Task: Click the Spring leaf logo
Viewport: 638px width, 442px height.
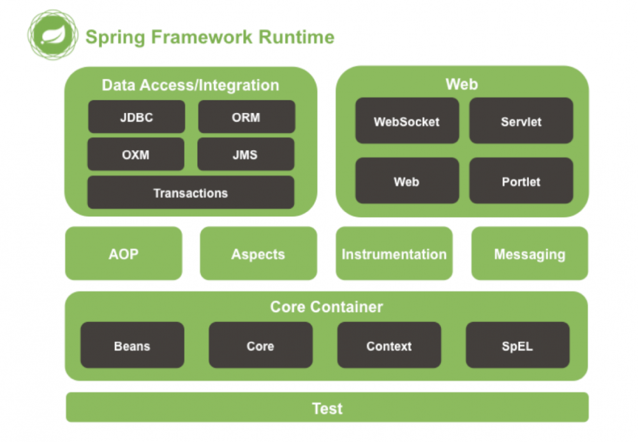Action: pyautogui.click(x=52, y=34)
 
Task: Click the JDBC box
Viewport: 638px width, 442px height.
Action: pyautogui.click(x=136, y=117)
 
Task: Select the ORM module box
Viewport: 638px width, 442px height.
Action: pyautogui.click(x=246, y=117)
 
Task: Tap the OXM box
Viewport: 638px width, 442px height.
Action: pyautogui.click(x=135, y=155)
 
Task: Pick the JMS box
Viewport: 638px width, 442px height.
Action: pyautogui.click(x=246, y=155)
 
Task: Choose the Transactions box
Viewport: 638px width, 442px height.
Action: pyautogui.click(x=190, y=192)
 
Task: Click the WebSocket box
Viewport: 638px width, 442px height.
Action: pyautogui.click(x=406, y=121)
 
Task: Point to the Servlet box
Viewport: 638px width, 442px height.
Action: pyautogui.click(x=521, y=121)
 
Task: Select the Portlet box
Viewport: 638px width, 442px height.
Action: pyautogui.click(x=521, y=181)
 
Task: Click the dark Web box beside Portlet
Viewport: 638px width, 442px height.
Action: pyautogui.click(x=406, y=181)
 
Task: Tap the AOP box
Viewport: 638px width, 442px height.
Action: pyautogui.click(x=123, y=254)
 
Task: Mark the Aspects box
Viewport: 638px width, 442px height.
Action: pyautogui.click(x=258, y=254)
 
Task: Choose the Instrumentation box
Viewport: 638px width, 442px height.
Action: pyautogui.click(x=394, y=254)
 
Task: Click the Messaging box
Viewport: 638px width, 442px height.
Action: pyautogui.click(x=530, y=254)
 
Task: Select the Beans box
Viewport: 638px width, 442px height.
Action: pyautogui.click(x=132, y=346)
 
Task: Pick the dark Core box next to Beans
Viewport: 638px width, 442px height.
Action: pyautogui.click(x=260, y=346)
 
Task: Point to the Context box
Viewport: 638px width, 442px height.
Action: pyautogui.click(x=389, y=346)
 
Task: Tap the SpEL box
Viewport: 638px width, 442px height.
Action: pyautogui.click(x=517, y=346)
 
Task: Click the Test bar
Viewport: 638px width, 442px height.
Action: pyautogui.click(x=327, y=408)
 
